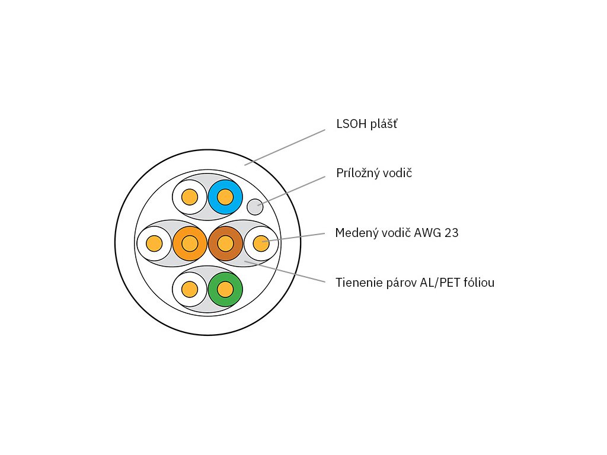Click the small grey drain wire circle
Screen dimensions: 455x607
(255, 207)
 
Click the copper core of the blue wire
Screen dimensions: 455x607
(225, 197)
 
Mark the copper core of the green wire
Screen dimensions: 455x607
(225, 289)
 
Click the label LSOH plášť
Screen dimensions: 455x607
(366, 124)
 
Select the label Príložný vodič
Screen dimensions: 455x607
(374, 174)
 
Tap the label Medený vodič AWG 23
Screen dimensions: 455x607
(397, 233)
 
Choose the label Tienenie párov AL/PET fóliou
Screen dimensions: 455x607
(415, 283)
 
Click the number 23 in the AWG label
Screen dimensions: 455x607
(451, 233)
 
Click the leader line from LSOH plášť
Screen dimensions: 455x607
(285, 147)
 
